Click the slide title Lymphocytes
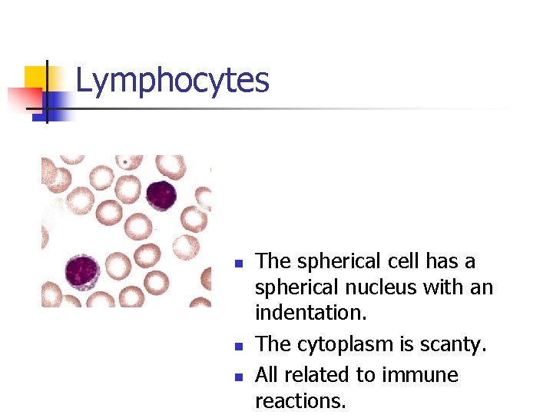pyautogui.click(x=172, y=80)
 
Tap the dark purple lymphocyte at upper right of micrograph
pyautogui.click(x=161, y=195)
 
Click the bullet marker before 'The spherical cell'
pyautogui.click(x=239, y=264)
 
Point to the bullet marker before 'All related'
pyautogui.click(x=239, y=377)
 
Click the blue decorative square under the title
pyautogui.click(x=58, y=104)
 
